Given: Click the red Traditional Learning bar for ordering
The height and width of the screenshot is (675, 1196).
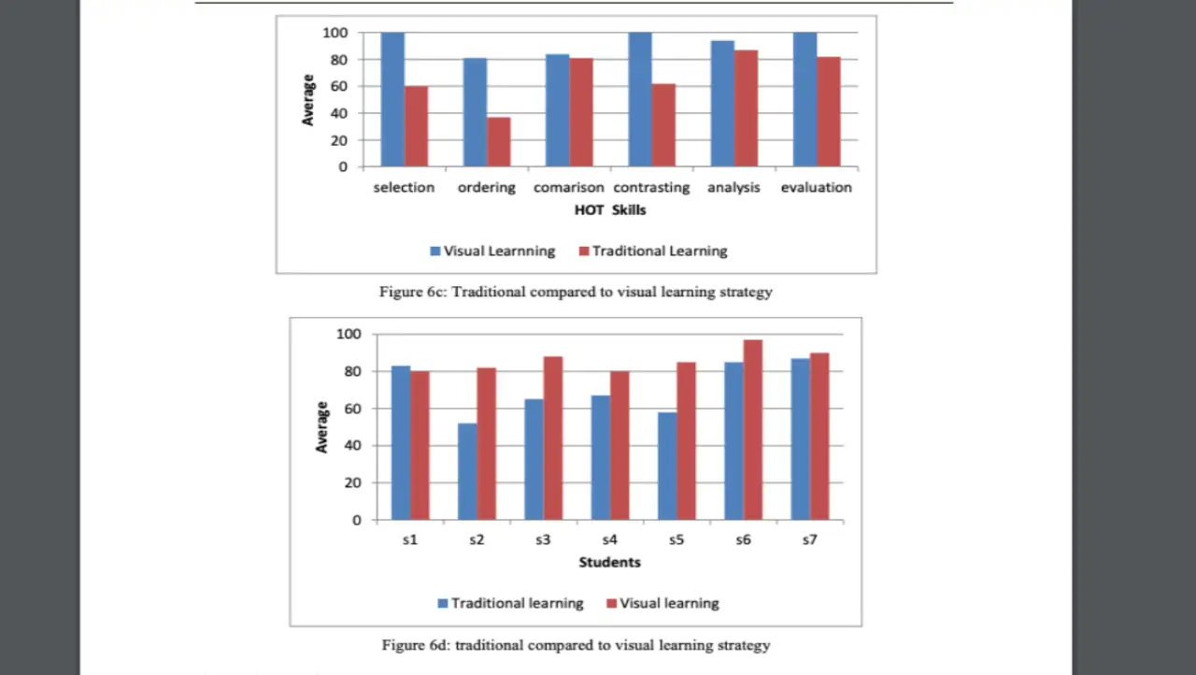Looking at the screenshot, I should point(499,142).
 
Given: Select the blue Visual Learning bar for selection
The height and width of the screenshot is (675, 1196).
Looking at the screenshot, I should point(392,100).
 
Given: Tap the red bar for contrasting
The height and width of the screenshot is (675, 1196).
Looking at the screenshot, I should point(663,125).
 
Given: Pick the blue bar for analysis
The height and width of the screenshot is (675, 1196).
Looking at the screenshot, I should point(722,104).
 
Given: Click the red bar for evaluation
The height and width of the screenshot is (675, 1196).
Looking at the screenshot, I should point(828,112).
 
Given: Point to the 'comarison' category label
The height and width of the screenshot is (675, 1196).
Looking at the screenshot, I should point(569,187).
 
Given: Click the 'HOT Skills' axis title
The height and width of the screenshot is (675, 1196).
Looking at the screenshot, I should point(610,210).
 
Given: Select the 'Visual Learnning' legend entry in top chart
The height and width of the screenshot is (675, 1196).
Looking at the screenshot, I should point(492,251).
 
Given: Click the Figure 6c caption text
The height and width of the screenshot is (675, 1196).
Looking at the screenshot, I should point(576,292).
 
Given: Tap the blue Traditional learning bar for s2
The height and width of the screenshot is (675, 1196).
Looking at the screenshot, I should point(467,471).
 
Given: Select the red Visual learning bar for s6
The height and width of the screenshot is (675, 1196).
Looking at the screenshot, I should point(753,430).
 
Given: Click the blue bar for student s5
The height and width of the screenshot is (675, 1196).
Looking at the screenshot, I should point(667,466).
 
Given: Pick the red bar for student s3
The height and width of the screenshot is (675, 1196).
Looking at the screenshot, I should point(553,438).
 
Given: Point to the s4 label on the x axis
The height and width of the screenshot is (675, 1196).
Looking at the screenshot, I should point(610,540).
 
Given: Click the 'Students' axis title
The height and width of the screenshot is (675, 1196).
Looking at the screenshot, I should point(610,562).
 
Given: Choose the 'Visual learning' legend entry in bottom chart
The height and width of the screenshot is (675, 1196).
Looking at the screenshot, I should point(662,603).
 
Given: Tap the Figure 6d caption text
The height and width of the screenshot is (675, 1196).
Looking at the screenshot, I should point(576,645).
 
